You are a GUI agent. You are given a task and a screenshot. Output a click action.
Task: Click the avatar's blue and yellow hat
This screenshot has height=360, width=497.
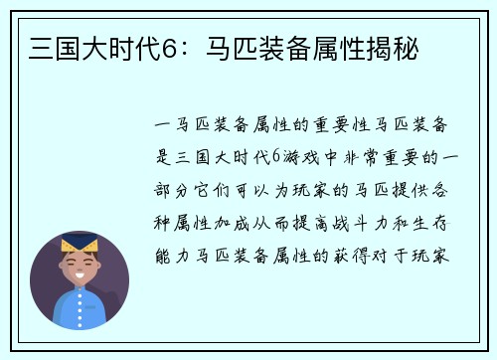[x=79, y=242]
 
